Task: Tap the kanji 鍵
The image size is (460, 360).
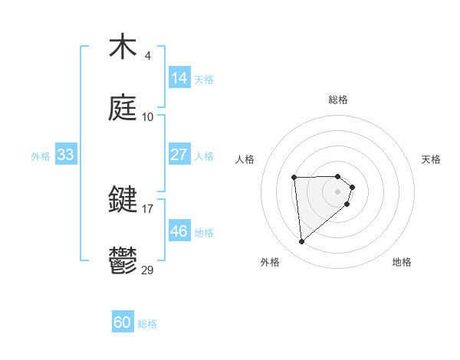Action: click(x=123, y=201)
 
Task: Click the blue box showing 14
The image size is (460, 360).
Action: click(x=179, y=78)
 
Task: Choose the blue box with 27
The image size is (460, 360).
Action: click(x=179, y=155)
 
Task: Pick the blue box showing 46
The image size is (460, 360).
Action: click(x=179, y=231)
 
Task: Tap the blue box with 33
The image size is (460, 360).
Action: click(x=66, y=155)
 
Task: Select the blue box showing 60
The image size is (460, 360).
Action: click(x=123, y=323)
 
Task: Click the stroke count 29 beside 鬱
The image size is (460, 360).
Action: click(x=148, y=270)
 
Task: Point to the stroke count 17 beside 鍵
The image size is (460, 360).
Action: click(x=147, y=208)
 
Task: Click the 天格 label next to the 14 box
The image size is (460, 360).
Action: click(x=204, y=79)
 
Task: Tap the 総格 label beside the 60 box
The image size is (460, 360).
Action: click(x=147, y=324)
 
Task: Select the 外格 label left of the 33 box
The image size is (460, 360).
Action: click(x=41, y=155)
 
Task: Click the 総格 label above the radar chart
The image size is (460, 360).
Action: click(x=338, y=100)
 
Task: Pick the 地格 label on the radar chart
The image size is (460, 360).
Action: click(x=402, y=263)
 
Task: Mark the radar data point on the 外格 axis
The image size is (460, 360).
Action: click(x=302, y=242)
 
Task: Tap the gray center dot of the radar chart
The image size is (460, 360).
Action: click(x=338, y=190)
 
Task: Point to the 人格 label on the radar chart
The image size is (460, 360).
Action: click(x=245, y=159)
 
